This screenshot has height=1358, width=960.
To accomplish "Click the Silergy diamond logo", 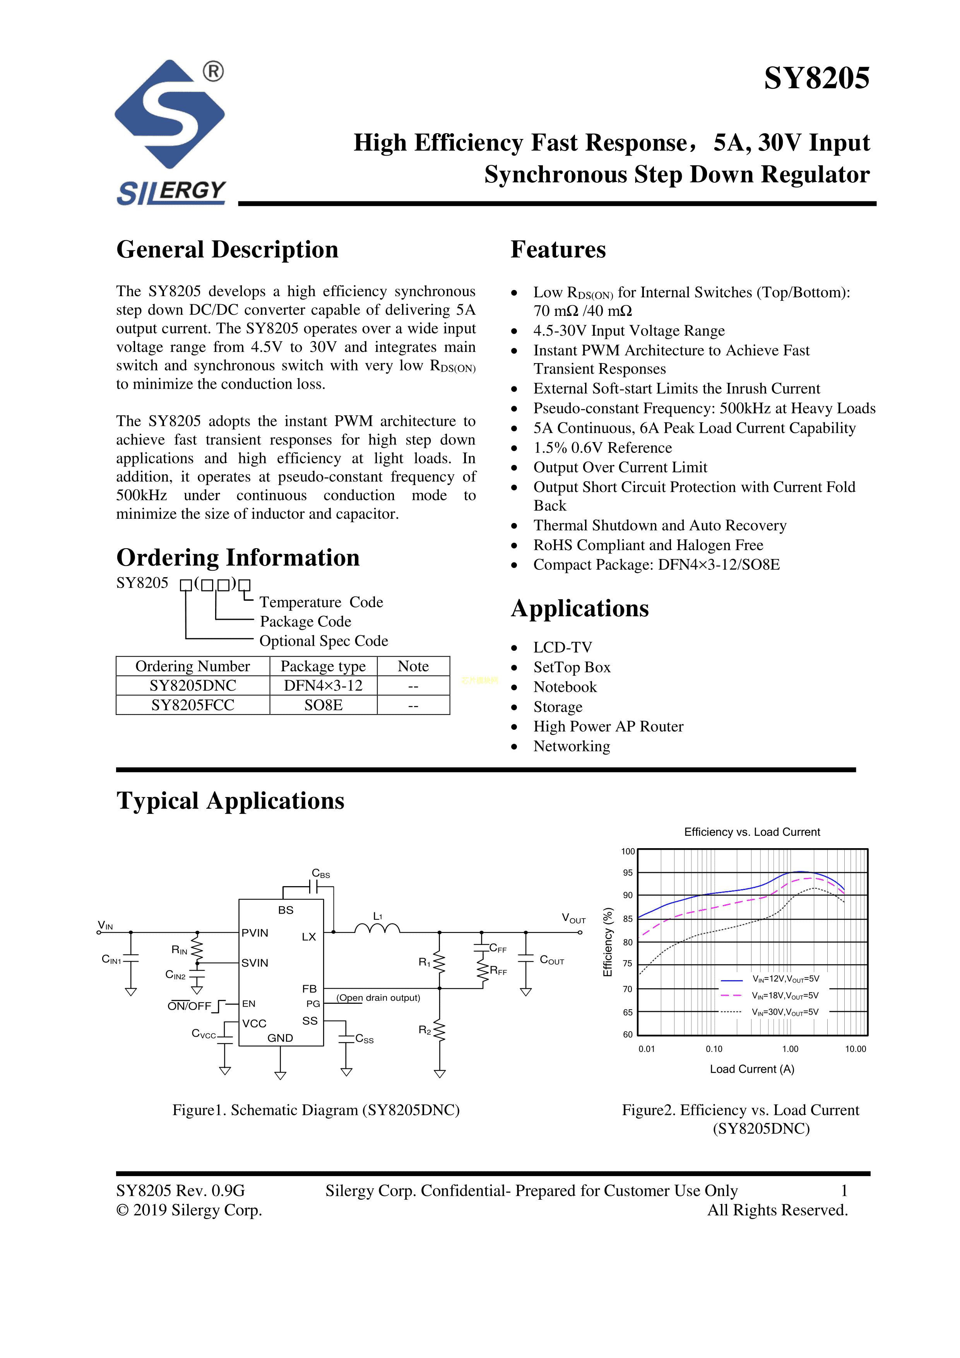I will click(x=169, y=114).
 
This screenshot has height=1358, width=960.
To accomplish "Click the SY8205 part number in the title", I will click(x=816, y=78).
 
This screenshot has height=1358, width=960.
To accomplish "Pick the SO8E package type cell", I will click(x=323, y=705).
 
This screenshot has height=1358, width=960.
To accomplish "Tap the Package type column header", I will click(x=323, y=666).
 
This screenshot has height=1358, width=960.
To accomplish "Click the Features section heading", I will click(x=558, y=250).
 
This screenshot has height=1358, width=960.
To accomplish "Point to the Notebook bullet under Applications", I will click(x=565, y=687).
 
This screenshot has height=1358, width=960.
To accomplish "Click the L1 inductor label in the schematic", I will click(x=378, y=916).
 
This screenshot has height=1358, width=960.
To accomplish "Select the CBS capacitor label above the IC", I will click(x=320, y=874).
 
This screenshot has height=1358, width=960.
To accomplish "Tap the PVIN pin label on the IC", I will click(x=255, y=933).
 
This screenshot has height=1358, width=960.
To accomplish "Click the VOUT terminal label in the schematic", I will click(x=573, y=919).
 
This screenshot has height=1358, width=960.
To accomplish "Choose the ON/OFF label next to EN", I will click(x=189, y=1006).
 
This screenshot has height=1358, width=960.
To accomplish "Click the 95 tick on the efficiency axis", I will click(x=628, y=873).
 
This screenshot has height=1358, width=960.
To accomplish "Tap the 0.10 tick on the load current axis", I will click(x=714, y=1049).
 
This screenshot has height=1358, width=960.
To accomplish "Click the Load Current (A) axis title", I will click(x=752, y=1069).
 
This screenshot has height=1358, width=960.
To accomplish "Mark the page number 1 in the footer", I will click(x=844, y=1191).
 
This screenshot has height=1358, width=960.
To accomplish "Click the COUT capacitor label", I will click(x=551, y=960).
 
